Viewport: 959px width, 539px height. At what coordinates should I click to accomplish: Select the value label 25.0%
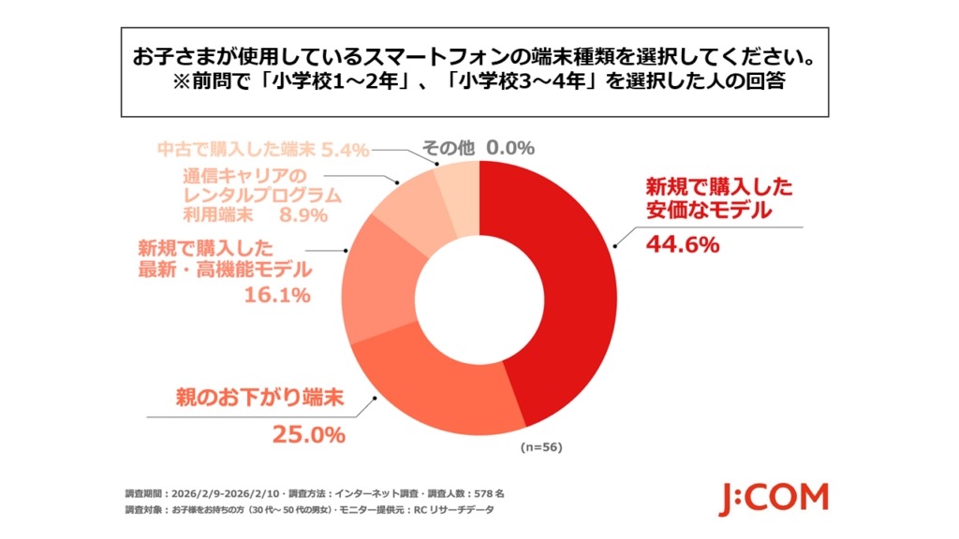click(308, 434)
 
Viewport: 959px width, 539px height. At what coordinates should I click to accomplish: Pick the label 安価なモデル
click(708, 211)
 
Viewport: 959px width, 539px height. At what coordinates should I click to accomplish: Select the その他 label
click(448, 147)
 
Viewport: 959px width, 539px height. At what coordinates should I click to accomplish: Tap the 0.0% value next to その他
click(510, 147)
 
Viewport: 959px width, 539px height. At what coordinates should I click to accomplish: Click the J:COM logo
click(773, 499)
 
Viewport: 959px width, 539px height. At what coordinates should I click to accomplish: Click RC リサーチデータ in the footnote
click(447, 510)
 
